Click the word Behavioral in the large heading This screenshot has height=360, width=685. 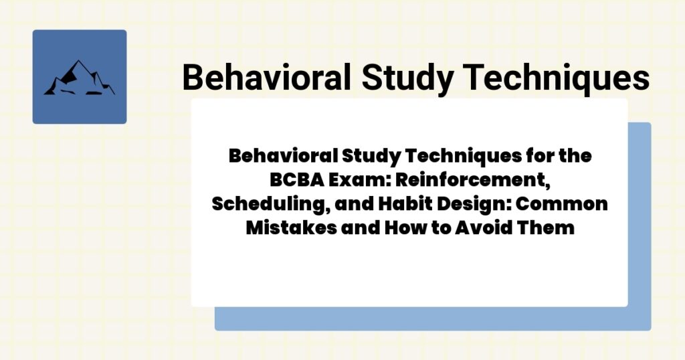266,78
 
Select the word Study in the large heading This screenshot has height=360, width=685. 405,78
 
